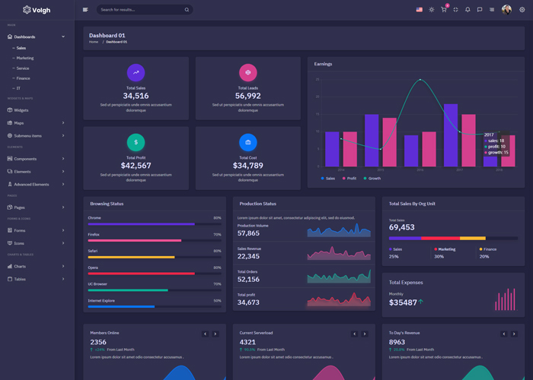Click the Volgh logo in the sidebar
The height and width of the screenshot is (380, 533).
pyautogui.click(x=37, y=10)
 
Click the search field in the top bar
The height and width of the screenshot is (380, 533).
pyautogui.click(x=141, y=10)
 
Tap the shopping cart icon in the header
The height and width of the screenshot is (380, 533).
pyautogui.click(x=443, y=10)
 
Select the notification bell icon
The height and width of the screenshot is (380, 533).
pyautogui.click(x=468, y=10)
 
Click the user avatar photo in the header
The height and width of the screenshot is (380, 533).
pyautogui.click(x=506, y=10)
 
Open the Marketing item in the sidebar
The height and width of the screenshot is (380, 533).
pyautogui.click(x=25, y=58)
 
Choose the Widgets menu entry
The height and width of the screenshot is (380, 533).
pyautogui.click(x=21, y=110)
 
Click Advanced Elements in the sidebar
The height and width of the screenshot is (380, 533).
pyautogui.click(x=31, y=184)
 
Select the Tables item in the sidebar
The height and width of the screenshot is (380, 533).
pyautogui.click(x=20, y=279)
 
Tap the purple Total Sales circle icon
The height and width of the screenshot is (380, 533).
pyautogui.click(x=136, y=72)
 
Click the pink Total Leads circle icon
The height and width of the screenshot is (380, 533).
pyautogui.click(x=248, y=72)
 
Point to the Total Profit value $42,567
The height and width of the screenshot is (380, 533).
pyautogui.click(x=136, y=165)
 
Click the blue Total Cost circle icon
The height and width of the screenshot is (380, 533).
pyautogui.click(x=248, y=142)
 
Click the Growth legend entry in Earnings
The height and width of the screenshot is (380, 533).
pyautogui.click(x=373, y=178)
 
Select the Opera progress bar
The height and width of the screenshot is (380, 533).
pyautogui.click(x=154, y=274)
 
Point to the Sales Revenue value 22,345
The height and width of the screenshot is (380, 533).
pyautogui.click(x=248, y=256)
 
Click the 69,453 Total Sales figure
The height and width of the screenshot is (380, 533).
pyautogui.click(x=401, y=227)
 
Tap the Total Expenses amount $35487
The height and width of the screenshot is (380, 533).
pyautogui.click(x=404, y=302)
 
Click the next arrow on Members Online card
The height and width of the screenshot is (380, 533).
pyautogui.click(x=215, y=334)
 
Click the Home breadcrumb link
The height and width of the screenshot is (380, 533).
pyautogui.click(x=94, y=42)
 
